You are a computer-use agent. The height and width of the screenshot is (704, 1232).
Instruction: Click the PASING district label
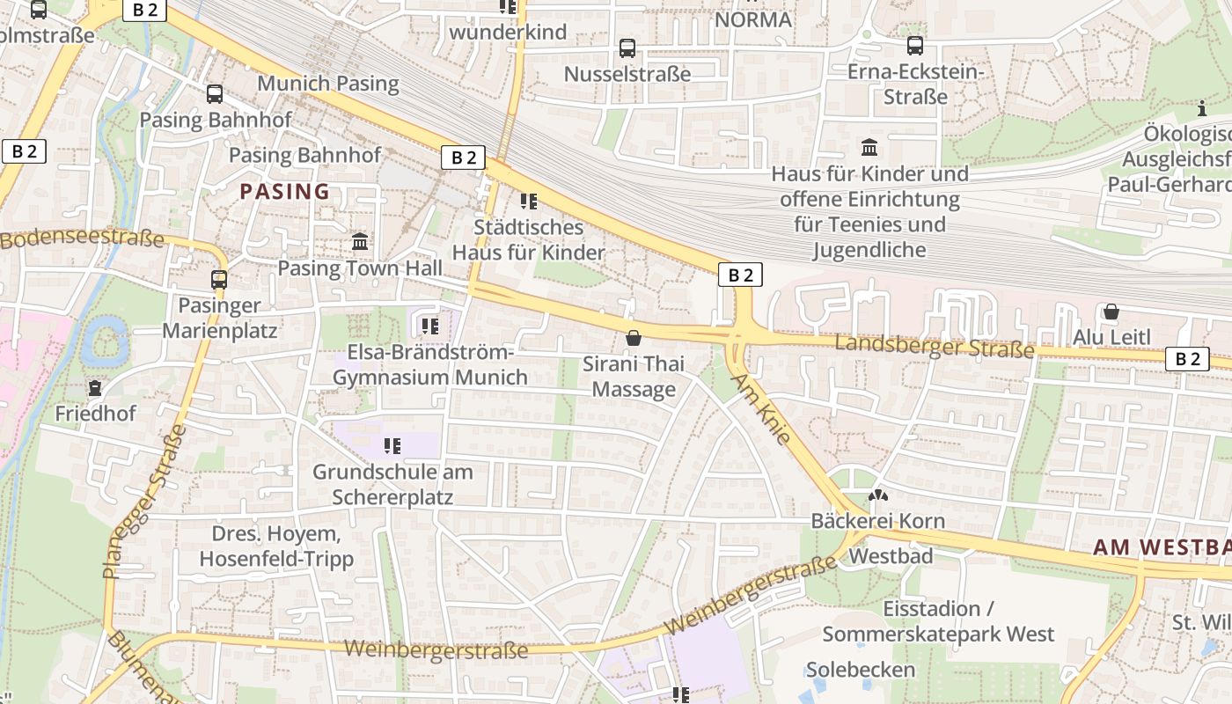[x=285, y=191]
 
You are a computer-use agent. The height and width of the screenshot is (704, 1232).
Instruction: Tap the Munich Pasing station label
[x=327, y=84]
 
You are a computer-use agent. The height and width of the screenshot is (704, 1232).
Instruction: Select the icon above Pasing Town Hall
[x=360, y=241]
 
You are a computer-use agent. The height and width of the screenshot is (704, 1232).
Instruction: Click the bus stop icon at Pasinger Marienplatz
[x=219, y=280]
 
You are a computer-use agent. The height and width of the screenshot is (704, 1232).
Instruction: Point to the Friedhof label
[x=95, y=413]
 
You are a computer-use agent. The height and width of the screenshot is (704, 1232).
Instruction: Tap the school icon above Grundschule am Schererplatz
[x=392, y=446]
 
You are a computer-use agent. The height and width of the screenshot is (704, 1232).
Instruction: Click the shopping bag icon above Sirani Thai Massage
[x=633, y=338]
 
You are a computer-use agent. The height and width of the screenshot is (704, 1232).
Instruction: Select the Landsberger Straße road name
[x=935, y=345]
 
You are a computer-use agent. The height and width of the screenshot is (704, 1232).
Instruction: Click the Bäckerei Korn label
[x=877, y=521]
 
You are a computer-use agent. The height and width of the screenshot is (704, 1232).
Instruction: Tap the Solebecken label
[x=861, y=670]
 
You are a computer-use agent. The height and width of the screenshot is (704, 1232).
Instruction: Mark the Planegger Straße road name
[x=145, y=502]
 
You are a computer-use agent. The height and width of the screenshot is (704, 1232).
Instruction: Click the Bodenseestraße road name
[x=83, y=238]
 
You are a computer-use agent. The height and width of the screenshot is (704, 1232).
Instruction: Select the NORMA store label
[x=753, y=19]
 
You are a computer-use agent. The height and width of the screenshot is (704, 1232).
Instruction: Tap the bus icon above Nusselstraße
[x=627, y=48]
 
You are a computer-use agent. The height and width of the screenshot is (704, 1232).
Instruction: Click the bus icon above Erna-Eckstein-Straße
[x=915, y=45]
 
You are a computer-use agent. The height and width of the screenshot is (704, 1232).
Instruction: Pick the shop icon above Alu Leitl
[x=1111, y=312]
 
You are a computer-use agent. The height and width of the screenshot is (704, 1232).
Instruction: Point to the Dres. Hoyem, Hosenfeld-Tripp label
[x=276, y=546]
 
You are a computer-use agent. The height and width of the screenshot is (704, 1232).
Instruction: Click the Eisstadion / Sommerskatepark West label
[x=938, y=621]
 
